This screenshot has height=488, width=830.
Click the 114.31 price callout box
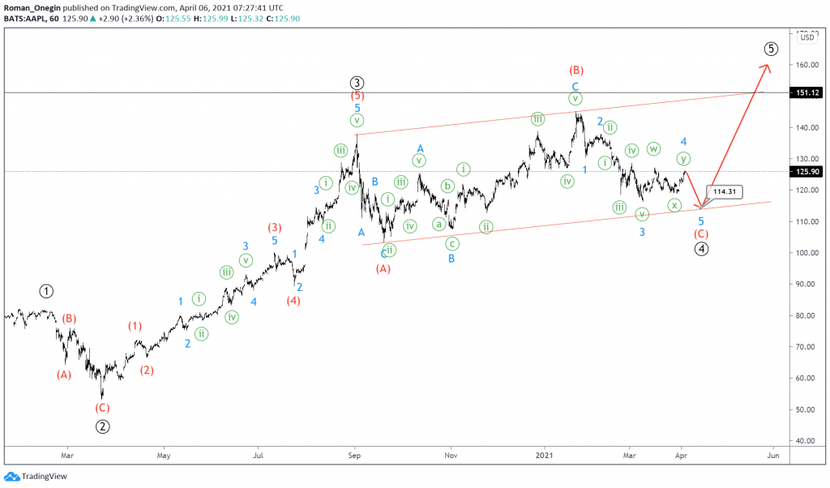[x=725, y=191]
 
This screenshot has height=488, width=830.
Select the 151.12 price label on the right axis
[x=810, y=92]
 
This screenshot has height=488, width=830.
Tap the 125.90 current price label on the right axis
[x=810, y=172]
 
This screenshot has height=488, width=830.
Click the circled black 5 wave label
[x=771, y=49]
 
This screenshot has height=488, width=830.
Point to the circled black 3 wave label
[x=357, y=82]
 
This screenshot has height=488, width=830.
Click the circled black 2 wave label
[x=103, y=426]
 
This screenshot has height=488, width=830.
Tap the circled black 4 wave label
[x=702, y=249]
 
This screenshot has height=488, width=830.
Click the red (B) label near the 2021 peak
[x=576, y=70]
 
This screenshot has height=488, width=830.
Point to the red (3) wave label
[x=275, y=227]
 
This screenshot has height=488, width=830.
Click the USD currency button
[x=807, y=37]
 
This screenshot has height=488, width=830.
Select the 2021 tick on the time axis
[x=545, y=456]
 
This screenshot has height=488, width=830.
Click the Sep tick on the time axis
[x=353, y=456]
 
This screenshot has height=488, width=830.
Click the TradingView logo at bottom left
[x=24, y=477]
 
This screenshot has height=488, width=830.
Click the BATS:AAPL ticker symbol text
[x=27, y=18]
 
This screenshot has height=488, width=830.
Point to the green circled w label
[x=653, y=148]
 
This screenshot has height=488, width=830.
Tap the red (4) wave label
[x=293, y=301]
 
